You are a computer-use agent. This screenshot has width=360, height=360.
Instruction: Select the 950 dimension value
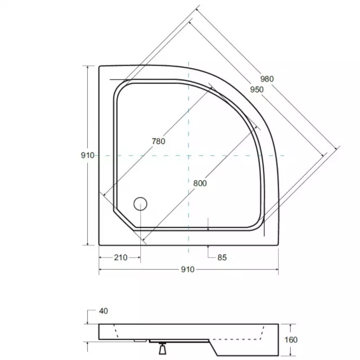pos(256,89)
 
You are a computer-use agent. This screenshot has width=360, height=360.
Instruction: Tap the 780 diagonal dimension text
pos(158,141)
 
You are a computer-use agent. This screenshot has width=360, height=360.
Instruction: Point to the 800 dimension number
pos(200,183)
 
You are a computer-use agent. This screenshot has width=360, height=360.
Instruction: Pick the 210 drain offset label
pos(120,258)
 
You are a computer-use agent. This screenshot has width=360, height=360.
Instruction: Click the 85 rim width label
pos(221,258)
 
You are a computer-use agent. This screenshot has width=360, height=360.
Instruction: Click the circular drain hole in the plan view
pos(140,204)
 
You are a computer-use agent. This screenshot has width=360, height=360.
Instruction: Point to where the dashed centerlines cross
pos(188,156)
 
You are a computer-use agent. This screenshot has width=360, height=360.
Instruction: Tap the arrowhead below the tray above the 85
pos(208,247)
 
